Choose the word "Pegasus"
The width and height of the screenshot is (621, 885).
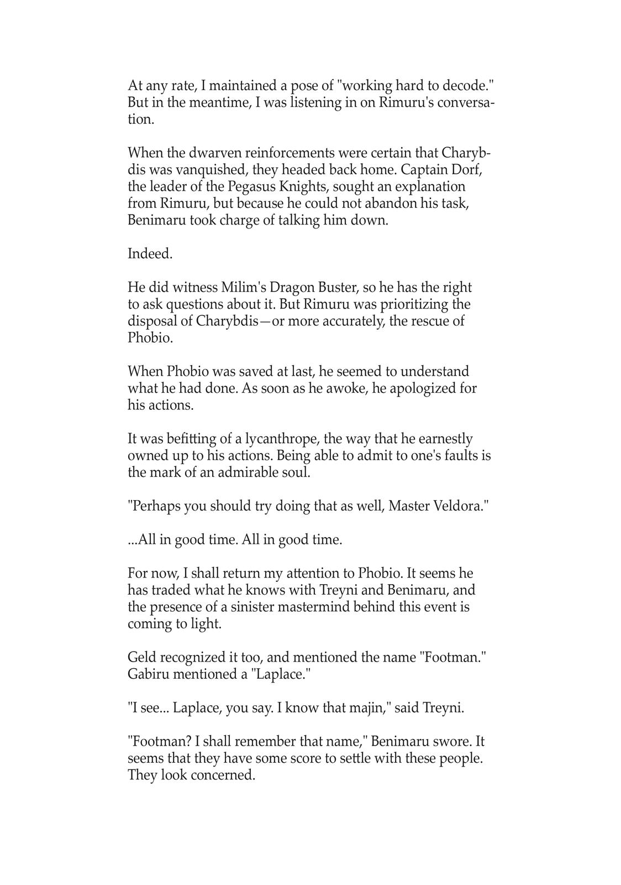pyautogui.click(x=251, y=186)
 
